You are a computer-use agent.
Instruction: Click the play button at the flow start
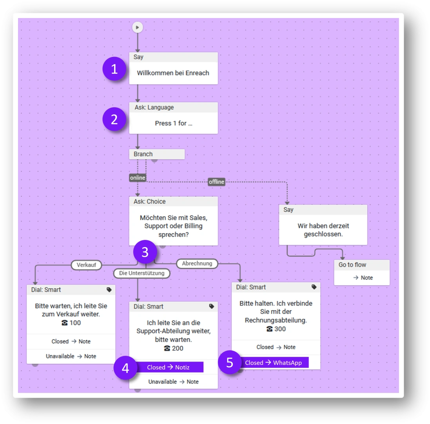pos(137,27)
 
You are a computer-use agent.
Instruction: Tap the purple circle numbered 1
pos(114,69)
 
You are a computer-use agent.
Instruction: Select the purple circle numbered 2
pos(114,120)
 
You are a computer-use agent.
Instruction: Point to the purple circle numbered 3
pos(145,252)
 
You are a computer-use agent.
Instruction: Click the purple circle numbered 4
pos(125,368)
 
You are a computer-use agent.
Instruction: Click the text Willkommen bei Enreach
pos(173,73)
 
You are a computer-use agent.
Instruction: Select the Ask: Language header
pos(173,107)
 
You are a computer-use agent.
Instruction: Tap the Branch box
pos(156,154)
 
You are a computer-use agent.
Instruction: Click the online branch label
pos(138,178)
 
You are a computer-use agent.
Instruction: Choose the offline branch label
pos(216,182)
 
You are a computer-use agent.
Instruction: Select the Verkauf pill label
pos(86,265)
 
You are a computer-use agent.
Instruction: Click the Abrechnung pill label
pos(197,264)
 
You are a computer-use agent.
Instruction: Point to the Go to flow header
pos(361,265)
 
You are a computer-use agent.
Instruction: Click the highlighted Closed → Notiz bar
pos(169,367)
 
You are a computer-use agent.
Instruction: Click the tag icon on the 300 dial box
pos(314,287)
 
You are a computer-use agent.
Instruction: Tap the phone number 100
pos(71,323)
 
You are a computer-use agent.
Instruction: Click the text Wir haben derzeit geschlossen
pos(323,230)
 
